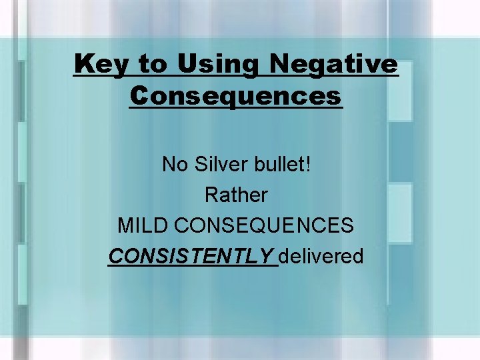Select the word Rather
pos(236,195)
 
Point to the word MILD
pos(143,226)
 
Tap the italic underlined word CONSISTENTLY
pos(191,257)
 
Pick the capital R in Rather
pos(211,195)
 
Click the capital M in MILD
pos(125,226)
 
